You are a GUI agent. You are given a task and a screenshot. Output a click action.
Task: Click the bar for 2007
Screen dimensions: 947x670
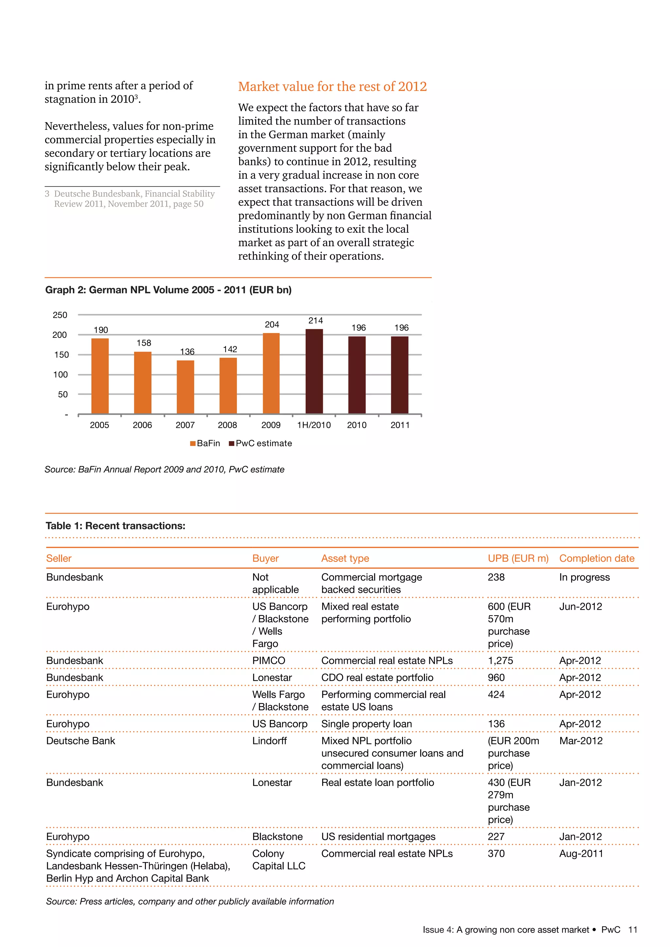(185, 387)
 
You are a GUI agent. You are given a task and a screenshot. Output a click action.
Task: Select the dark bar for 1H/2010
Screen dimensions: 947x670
(314, 371)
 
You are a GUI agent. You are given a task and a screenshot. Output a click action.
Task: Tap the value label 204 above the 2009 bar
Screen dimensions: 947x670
(272, 325)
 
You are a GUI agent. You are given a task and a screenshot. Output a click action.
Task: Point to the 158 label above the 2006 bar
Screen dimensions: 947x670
(144, 343)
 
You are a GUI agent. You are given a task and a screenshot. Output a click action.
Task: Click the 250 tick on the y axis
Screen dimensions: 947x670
(60, 315)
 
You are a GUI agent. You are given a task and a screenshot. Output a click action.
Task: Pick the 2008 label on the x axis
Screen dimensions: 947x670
(227, 425)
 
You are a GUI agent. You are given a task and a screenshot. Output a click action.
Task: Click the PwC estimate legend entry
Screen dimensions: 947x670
(261, 443)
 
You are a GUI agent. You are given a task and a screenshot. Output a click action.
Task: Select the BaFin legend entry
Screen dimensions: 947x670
(205, 443)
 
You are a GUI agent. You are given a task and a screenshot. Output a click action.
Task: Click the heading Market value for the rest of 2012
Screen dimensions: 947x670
(332, 87)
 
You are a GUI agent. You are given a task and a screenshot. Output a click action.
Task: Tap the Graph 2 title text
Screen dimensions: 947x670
(168, 290)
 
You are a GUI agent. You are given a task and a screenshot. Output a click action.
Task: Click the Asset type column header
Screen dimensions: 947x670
(345, 559)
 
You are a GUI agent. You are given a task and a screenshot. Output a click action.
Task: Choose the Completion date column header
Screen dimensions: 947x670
(597, 559)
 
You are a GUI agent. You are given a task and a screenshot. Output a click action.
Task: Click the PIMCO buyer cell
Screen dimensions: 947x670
(269, 661)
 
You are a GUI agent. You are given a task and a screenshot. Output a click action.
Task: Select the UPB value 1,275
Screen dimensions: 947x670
(500, 661)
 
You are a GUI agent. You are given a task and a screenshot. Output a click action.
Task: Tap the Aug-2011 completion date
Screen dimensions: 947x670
(581, 853)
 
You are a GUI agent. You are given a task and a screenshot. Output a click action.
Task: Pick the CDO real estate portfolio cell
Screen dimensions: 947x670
(377, 678)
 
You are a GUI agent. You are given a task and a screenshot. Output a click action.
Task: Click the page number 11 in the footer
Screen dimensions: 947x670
(632, 930)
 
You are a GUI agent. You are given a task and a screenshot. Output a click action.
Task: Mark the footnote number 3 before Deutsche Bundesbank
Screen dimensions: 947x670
(47, 194)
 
